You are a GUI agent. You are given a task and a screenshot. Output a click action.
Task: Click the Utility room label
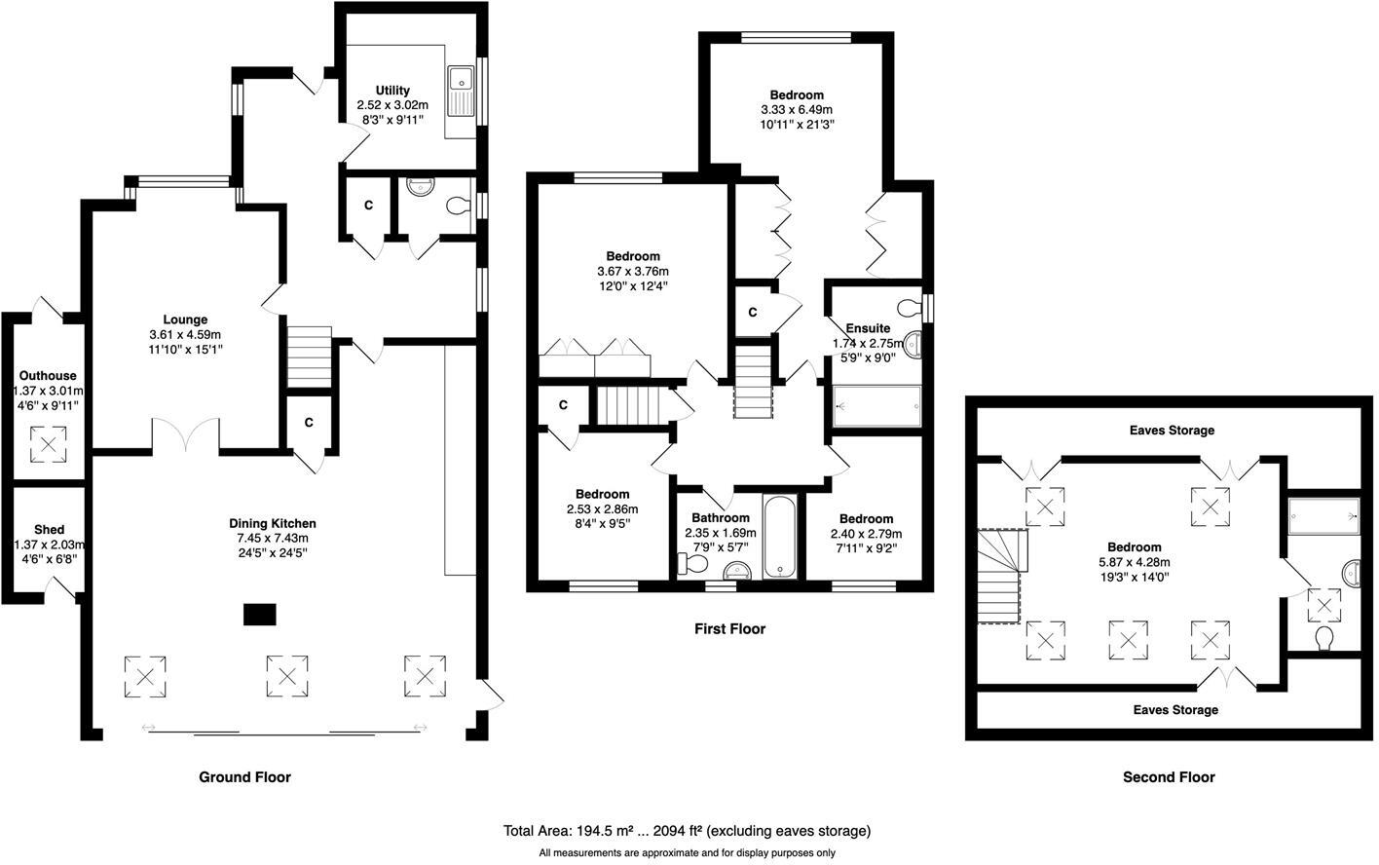[392, 91]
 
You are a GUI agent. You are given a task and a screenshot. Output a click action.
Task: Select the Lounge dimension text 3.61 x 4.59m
[185, 334]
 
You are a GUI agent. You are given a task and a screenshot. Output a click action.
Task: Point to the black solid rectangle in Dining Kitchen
[259, 615]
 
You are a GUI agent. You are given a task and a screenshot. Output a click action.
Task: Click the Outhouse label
[47, 376]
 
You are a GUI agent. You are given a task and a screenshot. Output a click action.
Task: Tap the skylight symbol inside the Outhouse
[48, 445]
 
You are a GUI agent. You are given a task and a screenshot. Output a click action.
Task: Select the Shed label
[49, 530]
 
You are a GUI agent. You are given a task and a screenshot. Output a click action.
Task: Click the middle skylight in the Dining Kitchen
[287, 676]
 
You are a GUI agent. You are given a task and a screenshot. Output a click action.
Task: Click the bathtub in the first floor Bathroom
[781, 537]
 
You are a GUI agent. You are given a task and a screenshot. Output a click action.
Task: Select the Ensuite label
[868, 328]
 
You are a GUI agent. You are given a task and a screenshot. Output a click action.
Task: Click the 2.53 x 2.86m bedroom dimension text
[602, 508]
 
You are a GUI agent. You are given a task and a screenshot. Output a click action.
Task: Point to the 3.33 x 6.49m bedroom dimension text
[797, 109]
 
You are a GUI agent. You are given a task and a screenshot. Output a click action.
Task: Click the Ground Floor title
[244, 776]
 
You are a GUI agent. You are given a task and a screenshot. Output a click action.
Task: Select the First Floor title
[729, 629]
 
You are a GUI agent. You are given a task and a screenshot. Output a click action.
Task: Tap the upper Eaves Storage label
[1172, 430]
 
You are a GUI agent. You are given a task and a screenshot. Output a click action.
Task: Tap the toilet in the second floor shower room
[1324, 638]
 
